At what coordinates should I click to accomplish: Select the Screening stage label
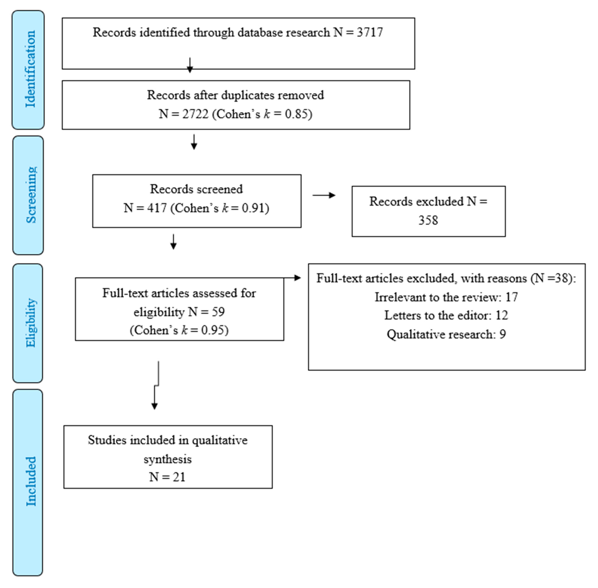pos(31,195)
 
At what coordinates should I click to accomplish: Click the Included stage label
pos(30,482)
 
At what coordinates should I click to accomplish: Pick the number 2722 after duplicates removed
pos(195,114)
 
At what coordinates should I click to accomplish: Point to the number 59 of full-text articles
pos(218,312)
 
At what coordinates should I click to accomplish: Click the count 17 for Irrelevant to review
pos(512,297)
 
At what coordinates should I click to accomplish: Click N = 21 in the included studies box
pos(167,477)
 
